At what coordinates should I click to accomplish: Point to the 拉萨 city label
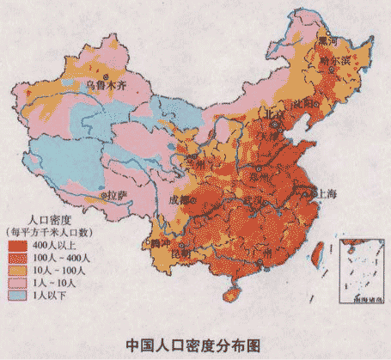click(x=117, y=196)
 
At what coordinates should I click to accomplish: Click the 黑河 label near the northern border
click(x=327, y=40)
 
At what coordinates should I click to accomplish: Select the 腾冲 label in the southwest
click(x=160, y=244)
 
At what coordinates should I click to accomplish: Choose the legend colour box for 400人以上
click(x=17, y=244)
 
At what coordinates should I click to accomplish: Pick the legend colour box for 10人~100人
click(x=17, y=270)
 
